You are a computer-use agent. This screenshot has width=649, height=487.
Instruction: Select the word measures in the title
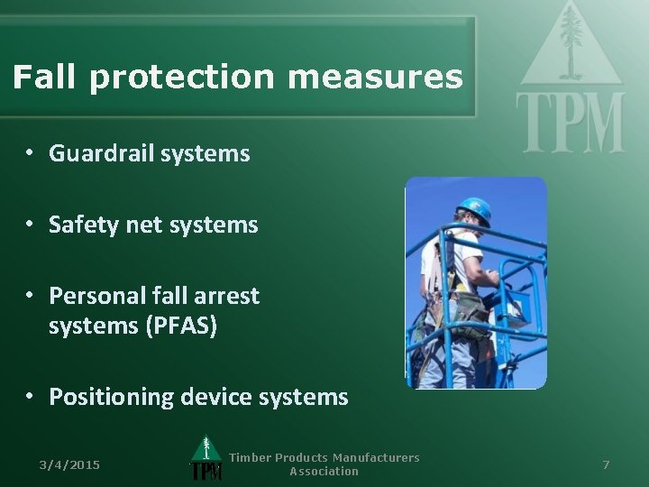point(375,78)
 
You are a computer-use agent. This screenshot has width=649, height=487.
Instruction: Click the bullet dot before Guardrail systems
point(30,153)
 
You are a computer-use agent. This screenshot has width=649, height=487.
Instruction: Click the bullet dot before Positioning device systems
point(30,396)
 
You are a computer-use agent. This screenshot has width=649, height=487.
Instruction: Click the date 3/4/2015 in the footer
point(69,464)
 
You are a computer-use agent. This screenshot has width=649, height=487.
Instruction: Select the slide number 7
point(606,464)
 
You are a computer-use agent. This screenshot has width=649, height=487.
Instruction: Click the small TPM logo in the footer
point(206,459)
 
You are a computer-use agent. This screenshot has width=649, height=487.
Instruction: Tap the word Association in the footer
point(324,472)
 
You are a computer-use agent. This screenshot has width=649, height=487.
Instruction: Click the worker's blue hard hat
point(473,209)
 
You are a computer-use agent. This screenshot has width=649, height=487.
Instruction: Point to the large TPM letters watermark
point(570,123)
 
